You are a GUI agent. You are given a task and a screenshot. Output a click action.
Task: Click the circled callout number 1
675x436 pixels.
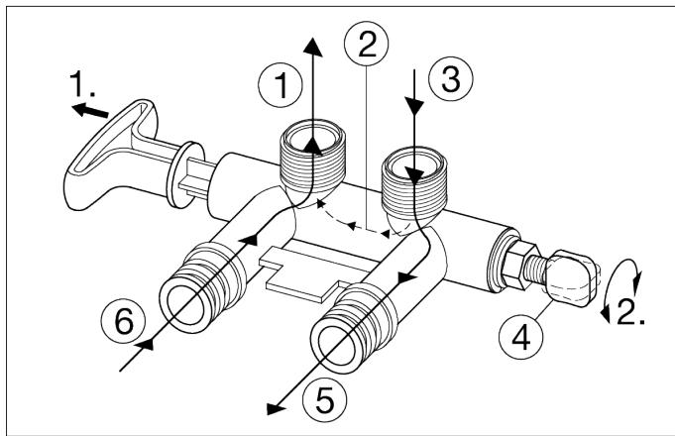point(281,85)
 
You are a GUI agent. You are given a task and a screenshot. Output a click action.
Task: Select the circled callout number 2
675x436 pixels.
point(367,45)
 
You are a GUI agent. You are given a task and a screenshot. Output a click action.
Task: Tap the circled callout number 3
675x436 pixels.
point(450,80)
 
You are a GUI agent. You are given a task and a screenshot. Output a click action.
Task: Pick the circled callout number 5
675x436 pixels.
point(324,400)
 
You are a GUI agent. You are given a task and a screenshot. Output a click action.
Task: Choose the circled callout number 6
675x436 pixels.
point(123,321)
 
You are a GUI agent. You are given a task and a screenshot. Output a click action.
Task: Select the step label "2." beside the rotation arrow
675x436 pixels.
point(630,311)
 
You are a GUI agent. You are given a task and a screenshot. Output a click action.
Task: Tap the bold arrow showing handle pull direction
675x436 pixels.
point(89,110)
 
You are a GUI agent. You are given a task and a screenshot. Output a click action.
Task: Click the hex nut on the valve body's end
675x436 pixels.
point(520,265)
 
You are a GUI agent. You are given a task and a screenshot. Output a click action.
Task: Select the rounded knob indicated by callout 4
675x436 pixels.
point(570,278)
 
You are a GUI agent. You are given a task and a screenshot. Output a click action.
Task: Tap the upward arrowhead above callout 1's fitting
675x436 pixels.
point(312,47)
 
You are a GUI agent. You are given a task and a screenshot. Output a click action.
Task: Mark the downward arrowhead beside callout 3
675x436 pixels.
point(414,106)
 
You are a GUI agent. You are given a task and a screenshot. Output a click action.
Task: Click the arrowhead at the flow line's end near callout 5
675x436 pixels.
point(275,408)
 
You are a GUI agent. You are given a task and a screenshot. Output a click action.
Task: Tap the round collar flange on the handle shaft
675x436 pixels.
point(185,174)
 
